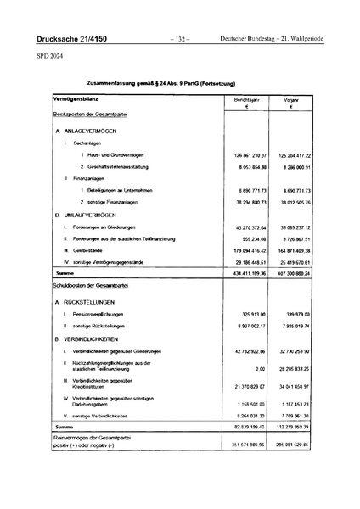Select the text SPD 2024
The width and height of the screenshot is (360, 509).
tap(49, 57)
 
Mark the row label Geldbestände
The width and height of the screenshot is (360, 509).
tap(87, 251)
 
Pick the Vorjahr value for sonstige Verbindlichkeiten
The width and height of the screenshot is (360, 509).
tap(295, 416)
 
